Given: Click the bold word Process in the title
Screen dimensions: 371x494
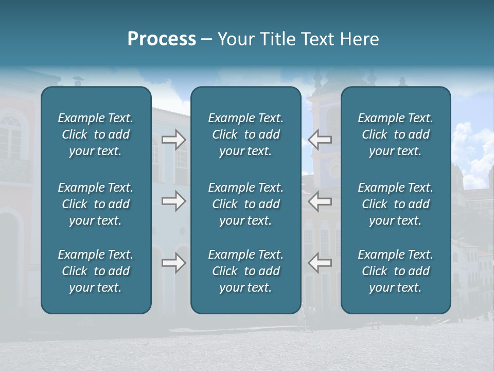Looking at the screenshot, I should (x=162, y=39).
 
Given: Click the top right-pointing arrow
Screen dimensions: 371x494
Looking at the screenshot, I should (x=173, y=140).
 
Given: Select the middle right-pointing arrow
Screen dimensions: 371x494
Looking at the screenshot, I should (x=173, y=201).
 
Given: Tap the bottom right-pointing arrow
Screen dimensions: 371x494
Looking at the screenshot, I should (x=173, y=263).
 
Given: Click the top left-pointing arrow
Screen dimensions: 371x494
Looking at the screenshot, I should (x=320, y=140).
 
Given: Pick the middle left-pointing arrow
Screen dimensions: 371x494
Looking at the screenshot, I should (x=320, y=201).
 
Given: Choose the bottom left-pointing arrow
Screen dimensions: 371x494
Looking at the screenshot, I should (x=320, y=263).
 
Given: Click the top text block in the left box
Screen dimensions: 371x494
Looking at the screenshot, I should (x=96, y=134).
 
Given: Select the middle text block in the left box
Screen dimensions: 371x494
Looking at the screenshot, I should (x=96, y=204).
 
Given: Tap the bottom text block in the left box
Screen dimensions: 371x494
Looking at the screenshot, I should (x=96, y=271).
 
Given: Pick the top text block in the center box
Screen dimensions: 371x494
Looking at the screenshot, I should (x=245, y=134).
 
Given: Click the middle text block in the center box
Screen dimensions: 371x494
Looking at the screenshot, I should (x=245, y=204).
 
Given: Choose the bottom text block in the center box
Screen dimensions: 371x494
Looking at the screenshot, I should (x=245, y=271).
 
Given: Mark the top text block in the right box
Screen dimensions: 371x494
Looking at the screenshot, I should (x=395, y=134).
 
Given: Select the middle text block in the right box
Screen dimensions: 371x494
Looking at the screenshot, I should (x=395, y=204).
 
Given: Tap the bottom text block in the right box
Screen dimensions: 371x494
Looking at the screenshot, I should (x=395, y=271).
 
